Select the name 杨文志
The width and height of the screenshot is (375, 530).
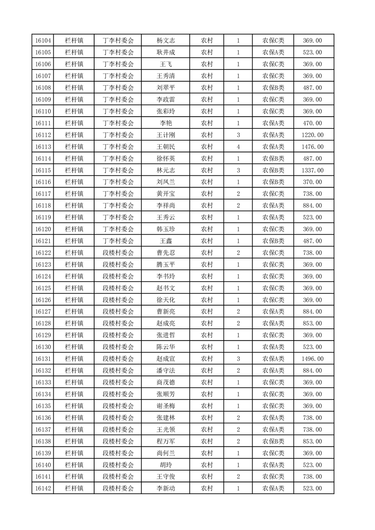166,41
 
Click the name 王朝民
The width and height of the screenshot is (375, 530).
166,147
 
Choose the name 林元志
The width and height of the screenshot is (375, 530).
166,170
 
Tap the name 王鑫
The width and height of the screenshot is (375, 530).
166,241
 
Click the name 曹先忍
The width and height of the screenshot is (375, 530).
166,253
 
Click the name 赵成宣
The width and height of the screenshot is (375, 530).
166,359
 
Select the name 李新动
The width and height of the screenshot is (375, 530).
166,488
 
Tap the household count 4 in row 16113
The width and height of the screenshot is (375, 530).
238,147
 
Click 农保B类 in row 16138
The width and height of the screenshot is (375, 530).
273,441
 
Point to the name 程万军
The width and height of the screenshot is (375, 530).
166,441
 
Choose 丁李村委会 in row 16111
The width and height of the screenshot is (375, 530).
118,123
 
